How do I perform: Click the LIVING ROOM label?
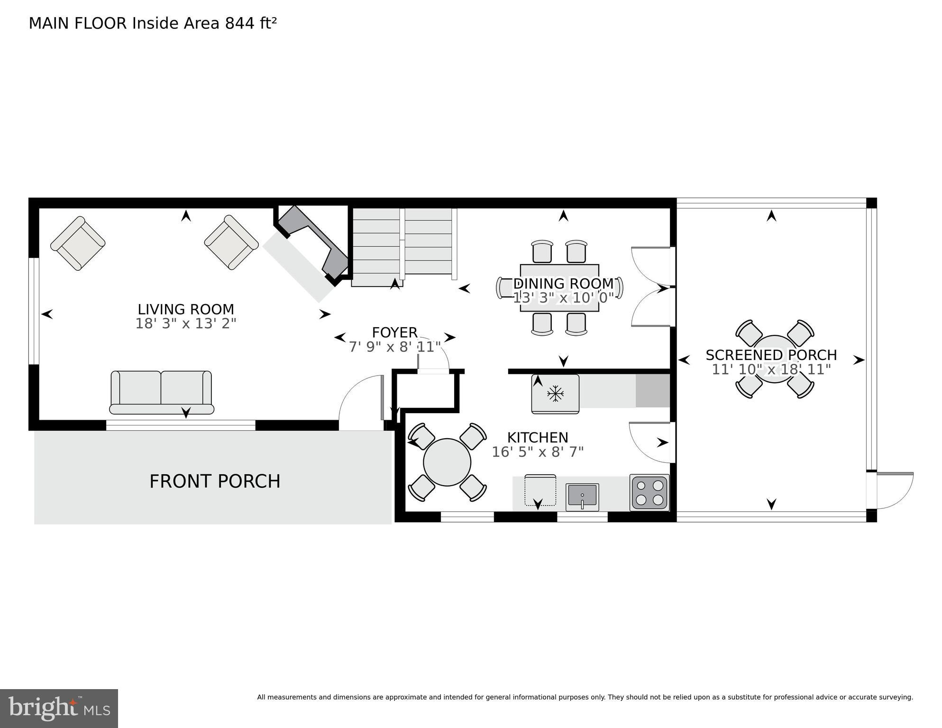pos(186,309)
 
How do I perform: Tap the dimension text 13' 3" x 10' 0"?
pos(563,298)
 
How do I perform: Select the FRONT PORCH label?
pos(215,481)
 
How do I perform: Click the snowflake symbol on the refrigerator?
pos(555,394)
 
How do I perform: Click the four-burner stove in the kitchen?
pos(649,492)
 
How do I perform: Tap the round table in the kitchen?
pos(447,462)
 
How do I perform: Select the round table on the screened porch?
pos(775,359)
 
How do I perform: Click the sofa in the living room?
pos(161,393)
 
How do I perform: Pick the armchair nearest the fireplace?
pos(231,243)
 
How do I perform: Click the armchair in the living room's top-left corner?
pos(78,243)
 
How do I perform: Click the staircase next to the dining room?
pos(403,247)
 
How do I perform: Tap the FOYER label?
pos(394,332)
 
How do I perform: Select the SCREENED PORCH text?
pos(771,355)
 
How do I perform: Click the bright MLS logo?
pos(59,709)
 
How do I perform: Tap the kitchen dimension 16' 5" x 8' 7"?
pos(538,452)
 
